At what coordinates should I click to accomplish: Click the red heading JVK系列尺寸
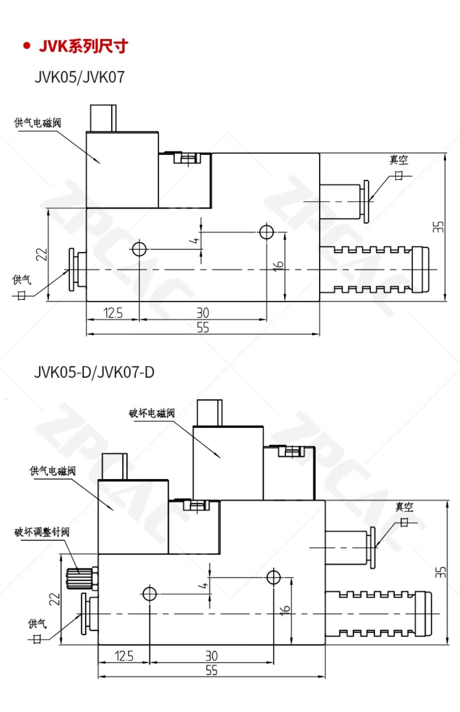[83, 47]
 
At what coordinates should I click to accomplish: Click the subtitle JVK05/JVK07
[79, 77]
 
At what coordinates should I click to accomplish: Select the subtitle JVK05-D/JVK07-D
[94, 373]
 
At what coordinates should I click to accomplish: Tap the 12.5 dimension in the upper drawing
[113, 313]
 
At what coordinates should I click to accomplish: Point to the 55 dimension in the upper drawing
[203, 327]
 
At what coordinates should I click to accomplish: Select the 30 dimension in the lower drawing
[211, 656]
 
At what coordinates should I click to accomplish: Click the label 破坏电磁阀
[151, 413]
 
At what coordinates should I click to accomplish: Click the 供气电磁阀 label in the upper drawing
[37, 123]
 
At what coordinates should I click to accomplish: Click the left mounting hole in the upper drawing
[140, 249]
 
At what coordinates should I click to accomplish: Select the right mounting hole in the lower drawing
[274, 577]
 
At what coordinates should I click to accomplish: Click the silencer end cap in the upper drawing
[420, 270]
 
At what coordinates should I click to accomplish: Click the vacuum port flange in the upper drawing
[366, 201]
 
